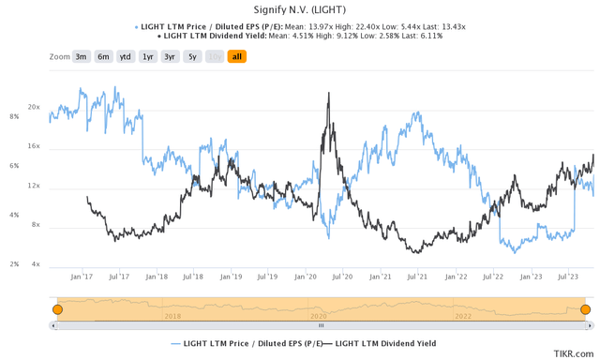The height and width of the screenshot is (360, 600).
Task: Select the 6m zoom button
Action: point(103,57)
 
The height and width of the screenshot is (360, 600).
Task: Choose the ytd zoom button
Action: point(125,57)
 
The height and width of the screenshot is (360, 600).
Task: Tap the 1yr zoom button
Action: point(148,57)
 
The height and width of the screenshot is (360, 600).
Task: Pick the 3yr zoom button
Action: point(170,57)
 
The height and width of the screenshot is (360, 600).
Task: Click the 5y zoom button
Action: point(192,57)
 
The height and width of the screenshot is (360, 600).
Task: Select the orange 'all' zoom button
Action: point(236,57)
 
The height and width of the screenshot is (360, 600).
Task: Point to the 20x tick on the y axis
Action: point(34,108)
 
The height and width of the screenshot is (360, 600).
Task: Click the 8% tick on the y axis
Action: point(14,117)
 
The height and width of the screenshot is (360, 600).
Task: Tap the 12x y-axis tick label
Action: point(34,187)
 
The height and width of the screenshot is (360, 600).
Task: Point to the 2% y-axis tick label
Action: point(14,264)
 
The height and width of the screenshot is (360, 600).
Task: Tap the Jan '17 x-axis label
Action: point(82,277)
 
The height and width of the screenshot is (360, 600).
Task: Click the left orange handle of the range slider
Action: point(57,309)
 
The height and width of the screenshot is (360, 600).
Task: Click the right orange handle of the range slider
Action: point(585,309)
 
